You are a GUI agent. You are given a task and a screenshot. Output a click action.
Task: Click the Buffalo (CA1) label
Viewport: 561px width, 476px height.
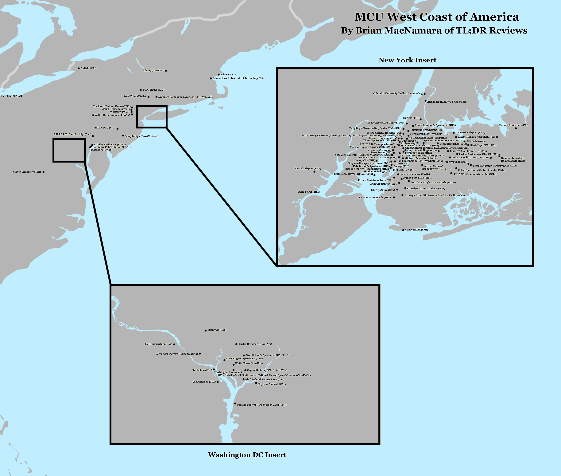tap(88, 68)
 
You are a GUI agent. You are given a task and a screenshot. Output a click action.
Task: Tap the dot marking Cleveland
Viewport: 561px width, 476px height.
tap(21, 96)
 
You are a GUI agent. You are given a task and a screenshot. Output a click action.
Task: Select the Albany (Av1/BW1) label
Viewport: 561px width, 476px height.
tap(153, 71)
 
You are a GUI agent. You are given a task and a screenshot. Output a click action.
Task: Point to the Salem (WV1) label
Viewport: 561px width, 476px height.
tap(228, 74)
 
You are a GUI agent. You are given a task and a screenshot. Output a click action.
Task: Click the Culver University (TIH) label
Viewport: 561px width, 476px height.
tap(27, 172)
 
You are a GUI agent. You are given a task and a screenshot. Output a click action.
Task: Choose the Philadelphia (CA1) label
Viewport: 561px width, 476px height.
tap(104, 128)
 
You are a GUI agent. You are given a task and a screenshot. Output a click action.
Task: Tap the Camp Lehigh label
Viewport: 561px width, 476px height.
tap(141, 136)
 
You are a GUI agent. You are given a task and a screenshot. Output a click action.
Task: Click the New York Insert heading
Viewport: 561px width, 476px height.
tap(407, 60)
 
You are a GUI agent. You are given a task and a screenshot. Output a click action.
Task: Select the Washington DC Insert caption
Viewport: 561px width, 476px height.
tap(247, 455)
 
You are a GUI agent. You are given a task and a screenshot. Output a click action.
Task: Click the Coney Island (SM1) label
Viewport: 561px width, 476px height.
tap(416, 230)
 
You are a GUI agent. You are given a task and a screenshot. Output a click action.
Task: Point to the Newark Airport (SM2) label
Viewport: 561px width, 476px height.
tap(308, 169)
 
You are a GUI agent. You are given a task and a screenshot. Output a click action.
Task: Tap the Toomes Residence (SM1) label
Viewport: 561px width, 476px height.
tap(513, 125)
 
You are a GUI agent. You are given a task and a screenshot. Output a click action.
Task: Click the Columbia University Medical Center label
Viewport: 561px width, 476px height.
tap(398, 93)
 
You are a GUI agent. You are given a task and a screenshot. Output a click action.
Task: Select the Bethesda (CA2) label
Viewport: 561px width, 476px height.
tap(217, 330)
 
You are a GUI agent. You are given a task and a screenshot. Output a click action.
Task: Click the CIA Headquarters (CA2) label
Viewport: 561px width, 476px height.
tap(158, 344)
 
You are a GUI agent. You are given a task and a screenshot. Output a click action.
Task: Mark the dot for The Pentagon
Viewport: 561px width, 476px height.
tap(218, 382)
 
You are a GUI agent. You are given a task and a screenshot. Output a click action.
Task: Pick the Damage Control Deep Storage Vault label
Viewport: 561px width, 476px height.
tap(261, 405)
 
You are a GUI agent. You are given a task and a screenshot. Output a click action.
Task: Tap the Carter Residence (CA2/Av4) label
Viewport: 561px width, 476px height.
tap(255, 344)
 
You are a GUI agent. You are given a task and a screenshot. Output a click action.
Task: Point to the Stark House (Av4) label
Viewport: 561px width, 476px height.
tap(153, 90)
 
